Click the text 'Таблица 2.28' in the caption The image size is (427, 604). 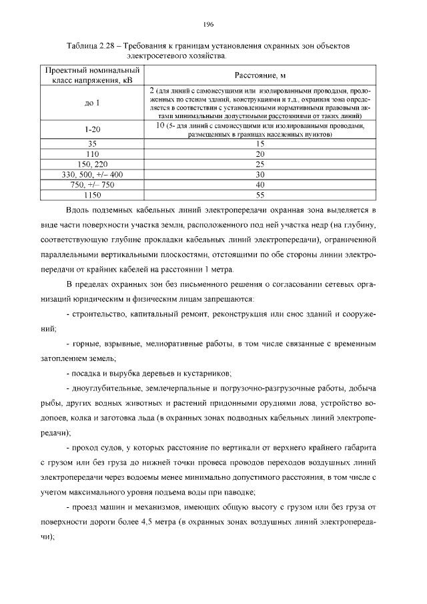coord(90,45)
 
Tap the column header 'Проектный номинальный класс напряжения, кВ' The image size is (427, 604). coord(92,75)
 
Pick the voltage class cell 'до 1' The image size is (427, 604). coord(92,103)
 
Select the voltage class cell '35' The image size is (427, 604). coord(92,143)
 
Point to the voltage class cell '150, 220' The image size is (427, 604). coord(92,164)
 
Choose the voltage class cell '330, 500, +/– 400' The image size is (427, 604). coord(92,174)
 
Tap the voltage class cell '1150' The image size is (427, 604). coord(92,194)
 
